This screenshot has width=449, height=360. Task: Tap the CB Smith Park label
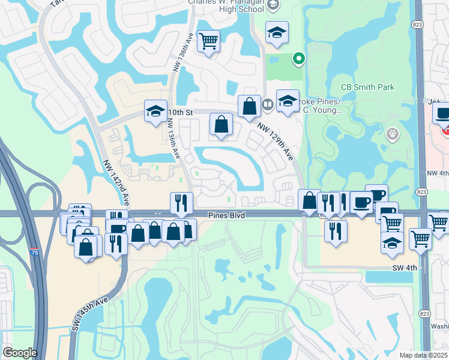[x=367, y=87]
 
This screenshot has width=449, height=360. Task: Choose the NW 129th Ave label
[x=276, y=141]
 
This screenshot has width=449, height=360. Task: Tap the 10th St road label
[x=179, y=112]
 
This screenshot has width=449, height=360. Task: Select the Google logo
[x=20, y=353]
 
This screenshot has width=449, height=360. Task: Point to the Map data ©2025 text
[x=423, y=355]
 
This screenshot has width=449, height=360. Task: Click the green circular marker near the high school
[x=298, y=58]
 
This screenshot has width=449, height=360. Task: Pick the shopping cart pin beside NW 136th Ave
[x=208, y=41]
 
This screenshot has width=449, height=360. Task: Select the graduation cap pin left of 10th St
[x=155, y=111]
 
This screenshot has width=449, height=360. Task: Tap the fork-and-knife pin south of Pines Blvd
[x=336, y=230]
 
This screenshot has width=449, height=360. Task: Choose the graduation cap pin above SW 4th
[x=392, y=242]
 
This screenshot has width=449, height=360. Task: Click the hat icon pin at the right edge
[x=443, y=113]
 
